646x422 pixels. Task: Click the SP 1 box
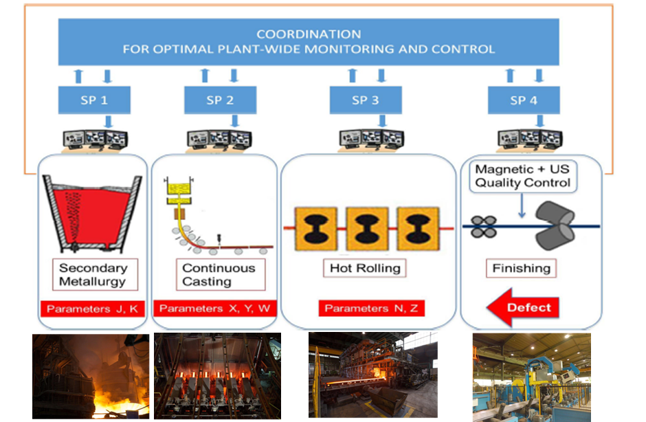[94, 100]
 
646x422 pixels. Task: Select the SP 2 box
[221, 100]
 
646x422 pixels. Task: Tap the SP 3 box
[366, 100]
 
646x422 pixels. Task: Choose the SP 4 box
[524, 100]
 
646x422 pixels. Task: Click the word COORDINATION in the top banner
[309, 34]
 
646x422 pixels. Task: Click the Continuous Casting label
[221, 274]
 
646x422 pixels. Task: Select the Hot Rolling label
[365, 268]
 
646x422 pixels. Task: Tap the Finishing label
[521, 268]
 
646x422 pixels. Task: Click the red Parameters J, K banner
[93, 309]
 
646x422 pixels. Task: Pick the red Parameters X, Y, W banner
[214, 309]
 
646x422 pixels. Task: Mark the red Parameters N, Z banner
[372, 309]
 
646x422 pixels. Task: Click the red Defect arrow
[523, 307]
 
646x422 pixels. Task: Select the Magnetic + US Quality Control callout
[523, 177]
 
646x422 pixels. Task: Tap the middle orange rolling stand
[368, 229]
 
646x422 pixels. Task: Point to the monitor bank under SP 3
[372, 140]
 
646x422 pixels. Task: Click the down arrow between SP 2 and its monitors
[235, 121]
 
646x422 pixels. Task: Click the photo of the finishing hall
[531, 377]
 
